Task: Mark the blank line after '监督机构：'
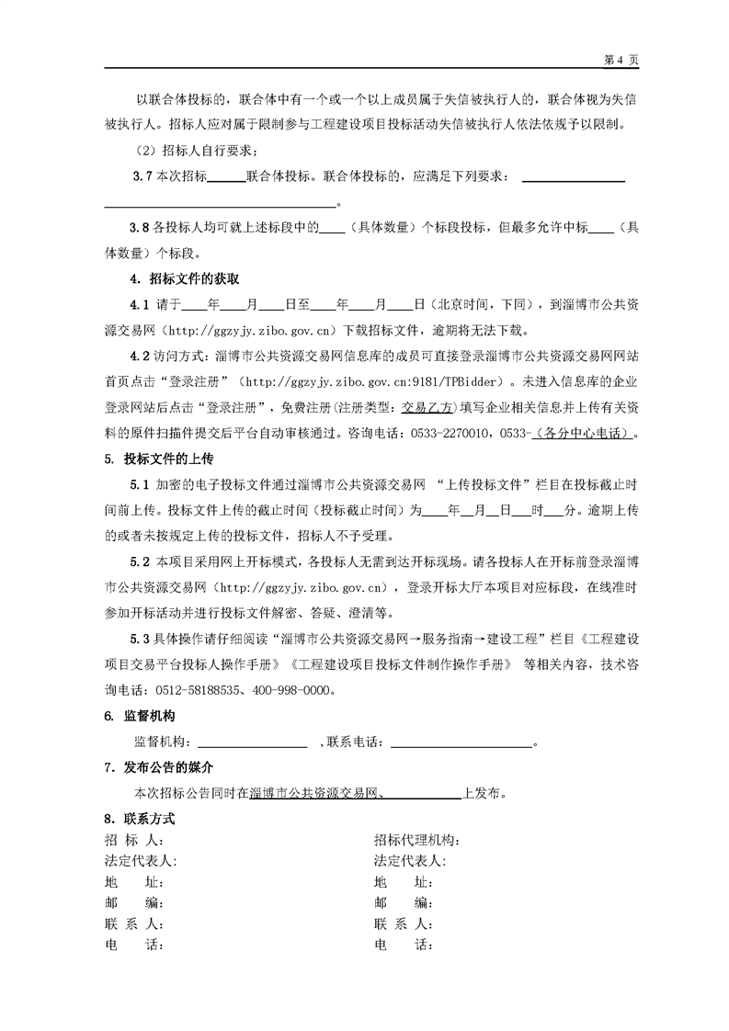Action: [x=253, y=742]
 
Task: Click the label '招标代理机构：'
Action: [x=416, y=840]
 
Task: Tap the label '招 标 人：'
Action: [x=134, y=840]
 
